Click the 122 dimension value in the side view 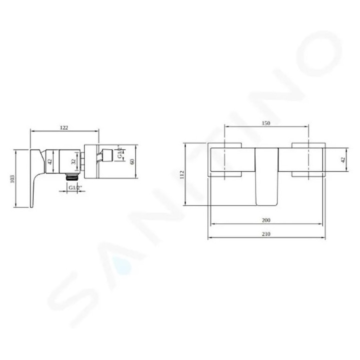coord(64,127)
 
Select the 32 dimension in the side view coord(73,162)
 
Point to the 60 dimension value coord(132,161)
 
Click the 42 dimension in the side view coord(49,161)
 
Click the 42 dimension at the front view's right coord(342,160)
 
